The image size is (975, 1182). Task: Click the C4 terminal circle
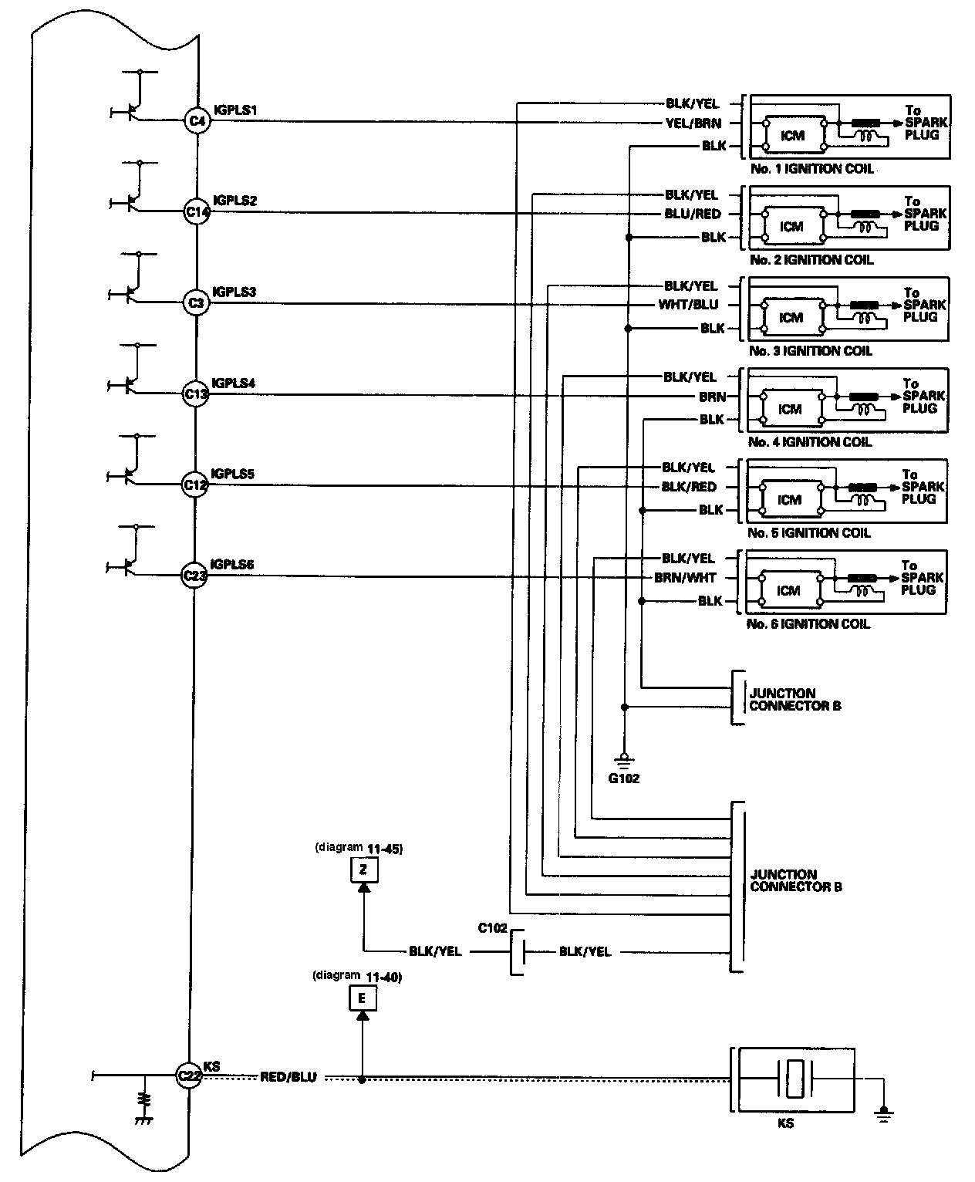pyautogui.click(x=197, y=121)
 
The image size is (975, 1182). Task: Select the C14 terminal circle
pyautogui.click(x=197, y=212)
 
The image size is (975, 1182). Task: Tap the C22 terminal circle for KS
pyautogui.click(x=189, y=1076)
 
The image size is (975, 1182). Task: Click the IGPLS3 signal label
pyautogui.click(x=233, y=292)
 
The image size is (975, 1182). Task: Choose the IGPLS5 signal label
pyautogui.click(x=232, y=474)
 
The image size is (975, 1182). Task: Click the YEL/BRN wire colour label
pyautogui.click(x=692, y=123)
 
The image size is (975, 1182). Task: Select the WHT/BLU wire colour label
pyautogui.click(x=688, y=305)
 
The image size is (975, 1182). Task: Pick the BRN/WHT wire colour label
pyautogui.click(x=685, y=578)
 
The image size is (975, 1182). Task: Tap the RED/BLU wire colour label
pyautogui.click(x=288, y=1077)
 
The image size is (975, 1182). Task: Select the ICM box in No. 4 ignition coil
pyautogui.click(x=791, y=409)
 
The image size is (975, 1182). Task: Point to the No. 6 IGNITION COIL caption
pyautogui.click(x=808, y=623)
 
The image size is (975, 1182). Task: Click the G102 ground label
pyautogui.click(x=624, y=778)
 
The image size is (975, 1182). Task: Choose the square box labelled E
pyautogui.click(x=363, y=999)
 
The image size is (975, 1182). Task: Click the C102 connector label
pyautogui.click(x=492, y=928)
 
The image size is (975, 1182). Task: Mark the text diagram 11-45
pyautogui.click(x=359, y=848)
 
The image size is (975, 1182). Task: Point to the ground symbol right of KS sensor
pyautogui.click(x=883, y=1111)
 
